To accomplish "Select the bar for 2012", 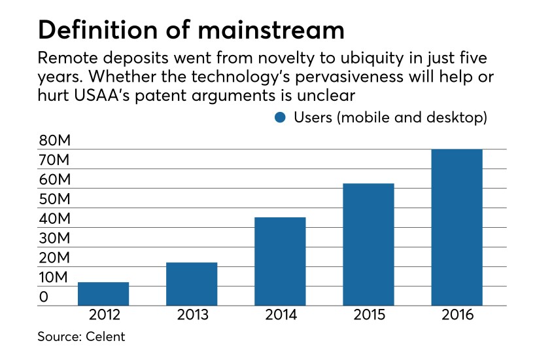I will point(103,294).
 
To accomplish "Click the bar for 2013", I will point(192,284).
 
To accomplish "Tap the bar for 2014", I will point(280,261).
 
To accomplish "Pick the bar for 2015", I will point(368,244).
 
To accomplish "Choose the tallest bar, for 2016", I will point(457,227).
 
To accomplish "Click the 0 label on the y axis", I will point(43,297).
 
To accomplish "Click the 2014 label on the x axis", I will point(280,315).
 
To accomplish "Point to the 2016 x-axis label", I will point(457,315).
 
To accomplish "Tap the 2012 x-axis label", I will point(103,315).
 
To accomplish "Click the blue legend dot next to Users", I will point(281,118).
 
